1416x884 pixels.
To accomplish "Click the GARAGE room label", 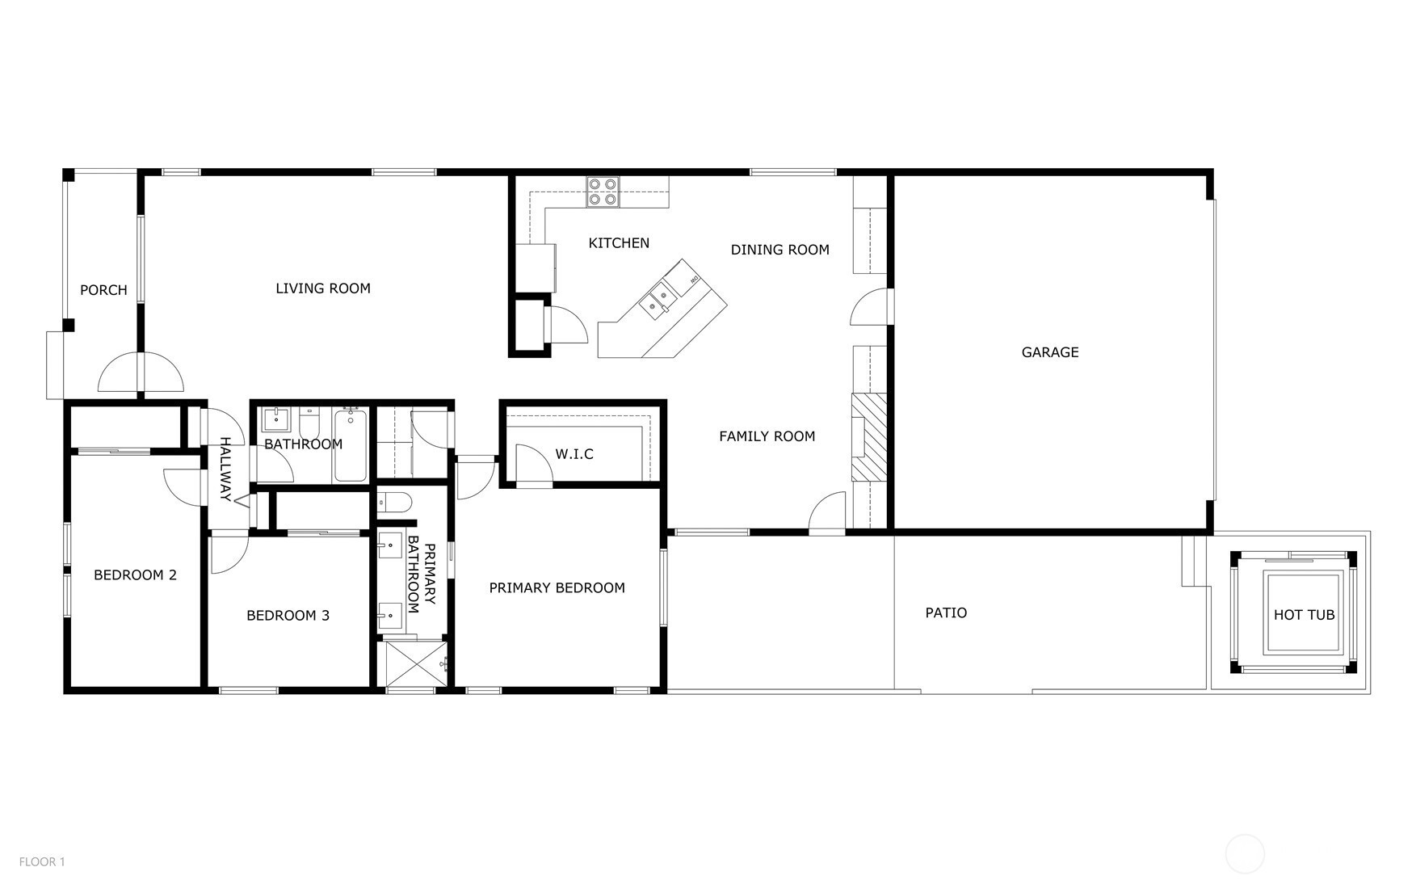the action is point(1049,352).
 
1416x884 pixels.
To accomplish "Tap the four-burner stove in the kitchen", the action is point(603,192).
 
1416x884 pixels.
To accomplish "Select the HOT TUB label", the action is point(1304,615).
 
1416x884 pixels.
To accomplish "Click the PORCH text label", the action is point(103,290).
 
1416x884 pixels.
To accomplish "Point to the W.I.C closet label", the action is point(574,454).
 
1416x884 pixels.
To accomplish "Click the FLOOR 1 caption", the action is point(42,862).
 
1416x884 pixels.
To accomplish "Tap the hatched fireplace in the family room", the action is point(869,437).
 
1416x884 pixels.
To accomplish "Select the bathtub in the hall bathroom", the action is point(351,445).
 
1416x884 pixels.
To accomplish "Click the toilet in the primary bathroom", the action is point(395,502).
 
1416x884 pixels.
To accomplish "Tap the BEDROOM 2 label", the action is point(135,575).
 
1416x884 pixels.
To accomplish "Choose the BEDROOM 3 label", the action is point(288,616).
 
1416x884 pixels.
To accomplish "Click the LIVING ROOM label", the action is point(323,288).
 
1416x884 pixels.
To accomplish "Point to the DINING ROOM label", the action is point(780,250).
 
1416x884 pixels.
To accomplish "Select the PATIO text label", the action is point(946,613).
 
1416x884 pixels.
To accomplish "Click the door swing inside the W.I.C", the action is point(533,465).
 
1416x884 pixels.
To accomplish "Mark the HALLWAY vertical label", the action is point(225,469).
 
